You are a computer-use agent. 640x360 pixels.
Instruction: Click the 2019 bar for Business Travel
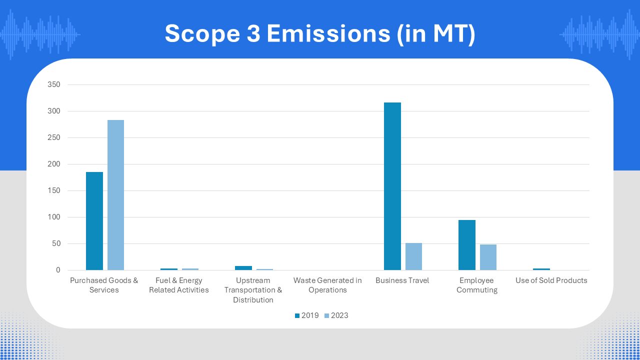392,186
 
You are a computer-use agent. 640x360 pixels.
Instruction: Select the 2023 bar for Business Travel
413,256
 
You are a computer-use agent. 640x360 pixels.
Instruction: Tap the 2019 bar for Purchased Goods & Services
94,221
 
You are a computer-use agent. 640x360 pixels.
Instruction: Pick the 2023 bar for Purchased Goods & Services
115,195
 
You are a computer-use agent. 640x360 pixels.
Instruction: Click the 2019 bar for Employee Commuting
467,245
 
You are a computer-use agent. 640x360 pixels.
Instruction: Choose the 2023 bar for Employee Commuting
488,257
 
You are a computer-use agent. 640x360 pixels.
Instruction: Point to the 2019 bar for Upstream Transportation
243,268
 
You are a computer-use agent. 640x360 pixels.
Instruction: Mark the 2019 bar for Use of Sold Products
541,269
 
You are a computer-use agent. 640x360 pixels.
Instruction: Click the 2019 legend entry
307,315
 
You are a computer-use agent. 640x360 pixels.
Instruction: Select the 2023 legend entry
336,315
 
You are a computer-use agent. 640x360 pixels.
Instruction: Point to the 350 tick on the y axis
54,84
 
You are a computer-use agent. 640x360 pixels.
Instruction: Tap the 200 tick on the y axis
54,164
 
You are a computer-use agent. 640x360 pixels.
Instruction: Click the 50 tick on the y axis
56,243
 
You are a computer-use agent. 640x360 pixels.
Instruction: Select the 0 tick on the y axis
58,270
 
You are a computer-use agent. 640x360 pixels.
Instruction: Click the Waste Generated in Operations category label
327,285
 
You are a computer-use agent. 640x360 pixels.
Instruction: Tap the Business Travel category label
402,280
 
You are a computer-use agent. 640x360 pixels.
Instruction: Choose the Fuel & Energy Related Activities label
179,285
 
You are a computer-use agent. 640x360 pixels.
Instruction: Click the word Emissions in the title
328,33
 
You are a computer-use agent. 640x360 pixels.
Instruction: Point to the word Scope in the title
202,34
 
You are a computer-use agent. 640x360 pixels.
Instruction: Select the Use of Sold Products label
551,280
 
